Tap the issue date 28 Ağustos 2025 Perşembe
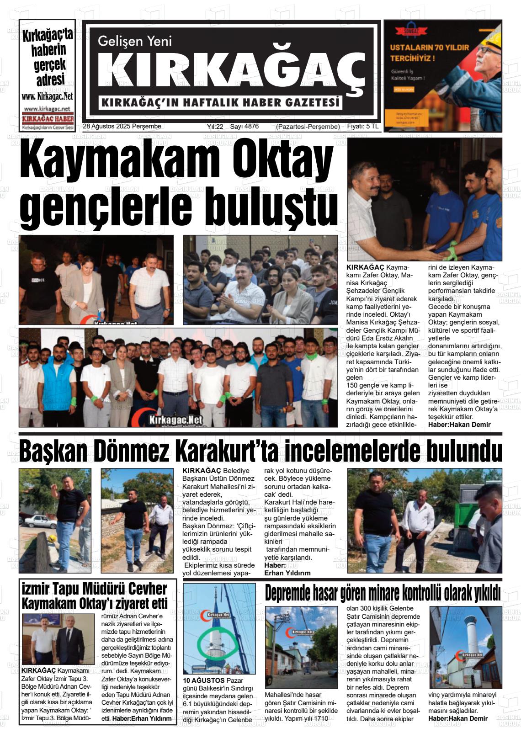pos(122,127)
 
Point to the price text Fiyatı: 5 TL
pos(363,127)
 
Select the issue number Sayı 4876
pos(244,127)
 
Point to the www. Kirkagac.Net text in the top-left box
pos(47,96)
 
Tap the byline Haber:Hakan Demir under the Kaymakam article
pos(459,425)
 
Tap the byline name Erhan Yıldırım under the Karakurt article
pos(287,573)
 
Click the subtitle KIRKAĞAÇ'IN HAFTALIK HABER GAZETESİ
pos(221,103)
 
